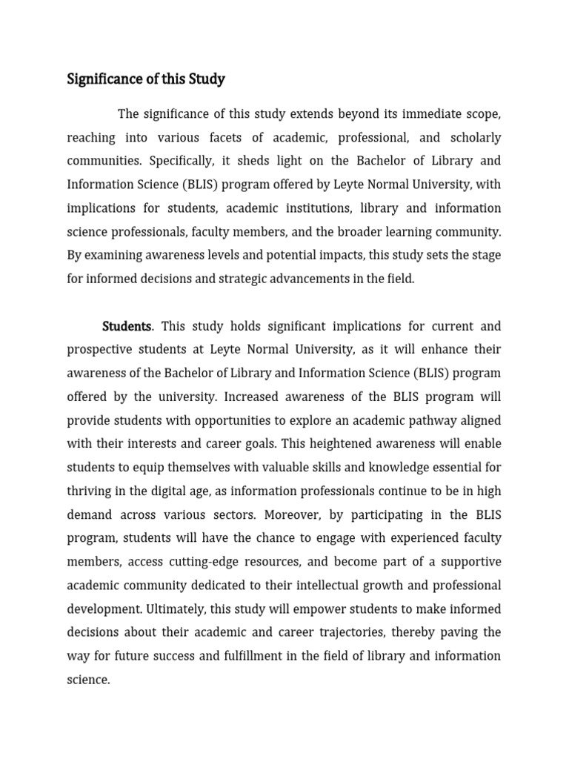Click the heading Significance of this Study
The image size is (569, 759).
pos(146,79)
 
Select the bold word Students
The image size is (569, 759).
pos(127,326)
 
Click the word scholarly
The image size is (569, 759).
pos(472,138)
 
